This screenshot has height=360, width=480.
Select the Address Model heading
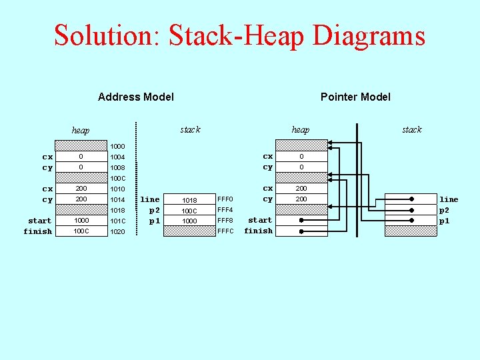pyautogui.click(x=136, y=97)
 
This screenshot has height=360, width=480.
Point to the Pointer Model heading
pyautogui.click(x=355, y=97)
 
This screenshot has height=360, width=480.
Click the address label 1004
pyautogui.click(x=117, y=157)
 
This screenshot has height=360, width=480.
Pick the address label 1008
pyautogui.click(x=117, y=167)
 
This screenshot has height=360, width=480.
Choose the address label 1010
pyautogui.click(x=117, y=189)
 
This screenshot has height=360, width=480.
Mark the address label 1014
pyautogui.click(x=117, y=199)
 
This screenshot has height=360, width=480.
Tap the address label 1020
pyautogui.click(x=117, y=231)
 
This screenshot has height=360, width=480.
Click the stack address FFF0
pyautogui.click(x=225, y=199)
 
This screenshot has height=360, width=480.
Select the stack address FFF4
pyautogui.click(x=225, y=210)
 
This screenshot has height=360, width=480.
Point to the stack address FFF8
pyautogui.click(x=225, y=221)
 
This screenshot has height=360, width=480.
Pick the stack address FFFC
pyautogui.click(x=225, y=231)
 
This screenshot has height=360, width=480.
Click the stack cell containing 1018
pyautogui.click(x=189, y=200)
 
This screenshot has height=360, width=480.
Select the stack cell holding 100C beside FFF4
pyautogui.click(x=189, y=211)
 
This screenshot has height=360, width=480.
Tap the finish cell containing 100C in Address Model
pyautogui.click(x=81, y=231)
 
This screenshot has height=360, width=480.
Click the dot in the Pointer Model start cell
pyautogui.click(x=301, y=220)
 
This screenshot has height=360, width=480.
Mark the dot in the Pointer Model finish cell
pyautogui.click(x=301, y=231)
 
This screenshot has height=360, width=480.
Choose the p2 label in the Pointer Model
pyautogui.click(x=444, y=210)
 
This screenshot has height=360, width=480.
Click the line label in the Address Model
pyautogui.click(x=150, y=199)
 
